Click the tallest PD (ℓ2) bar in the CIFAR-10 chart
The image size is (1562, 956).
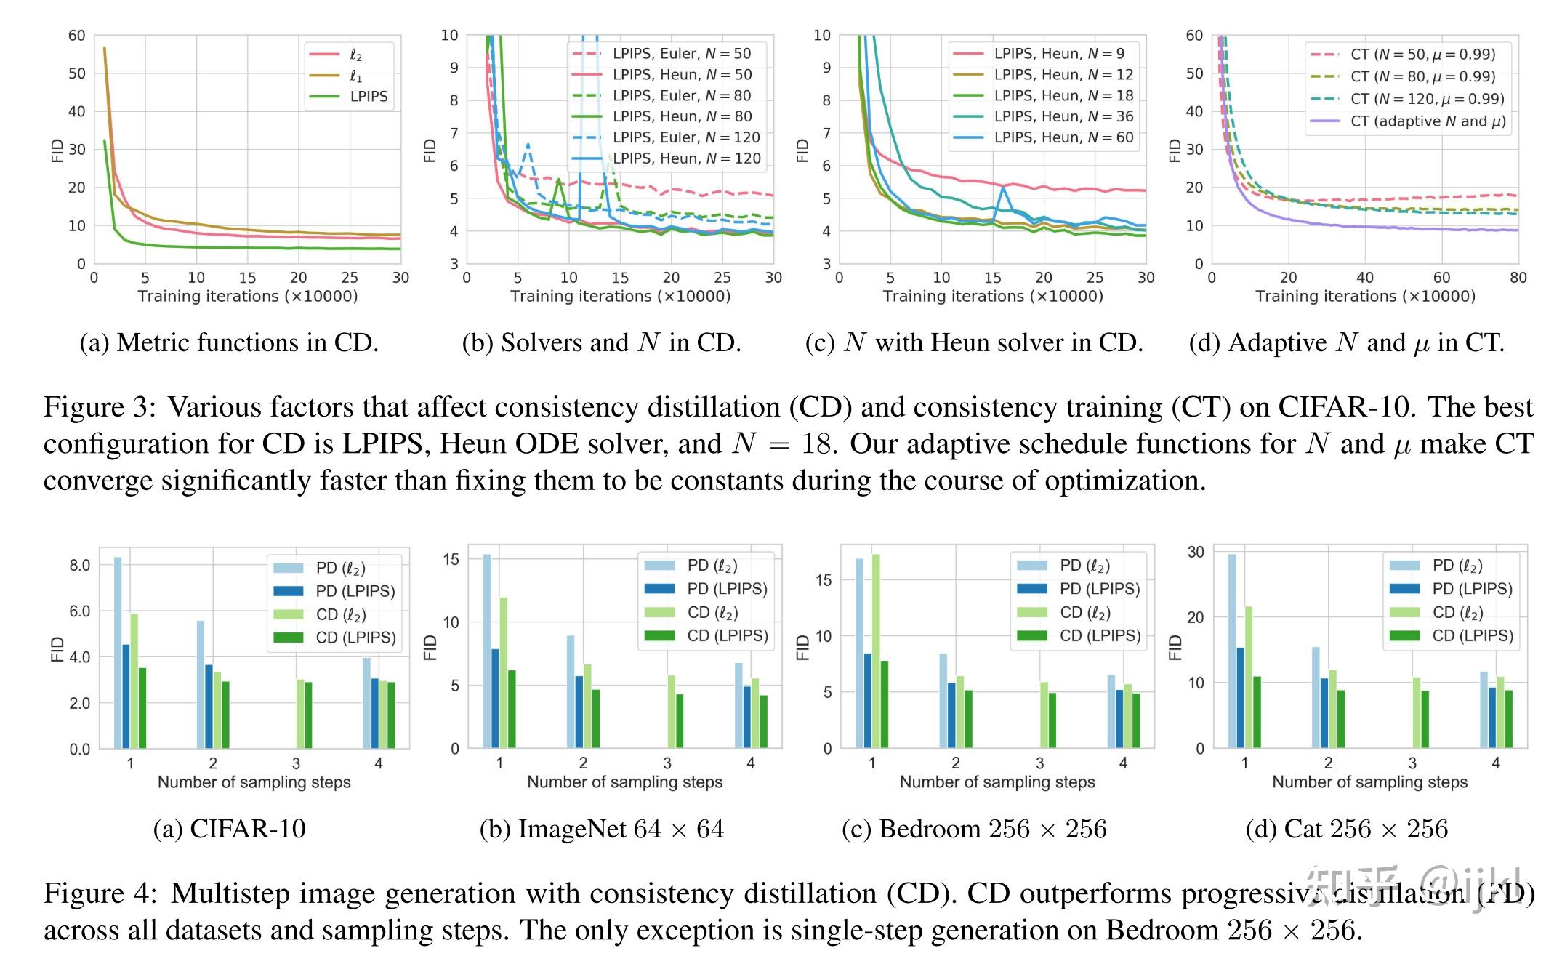point(118,652)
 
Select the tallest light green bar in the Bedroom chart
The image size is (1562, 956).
point(876,651)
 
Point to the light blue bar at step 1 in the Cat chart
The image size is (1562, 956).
point(1232,651)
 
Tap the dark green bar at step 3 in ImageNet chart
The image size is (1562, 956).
point(680,720)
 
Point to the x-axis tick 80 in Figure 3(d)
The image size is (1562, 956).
point(1518,278)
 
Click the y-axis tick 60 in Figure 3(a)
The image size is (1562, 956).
point(77,36)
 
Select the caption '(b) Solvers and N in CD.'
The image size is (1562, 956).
point(601,342)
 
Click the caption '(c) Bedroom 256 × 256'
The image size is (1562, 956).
point(974,829)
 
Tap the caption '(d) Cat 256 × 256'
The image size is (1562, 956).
point(1347,829)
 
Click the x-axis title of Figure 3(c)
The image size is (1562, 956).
point(993,297)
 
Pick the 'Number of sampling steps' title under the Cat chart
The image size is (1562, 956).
point(1369,782)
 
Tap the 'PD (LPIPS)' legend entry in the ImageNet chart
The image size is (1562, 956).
point(727,589)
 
